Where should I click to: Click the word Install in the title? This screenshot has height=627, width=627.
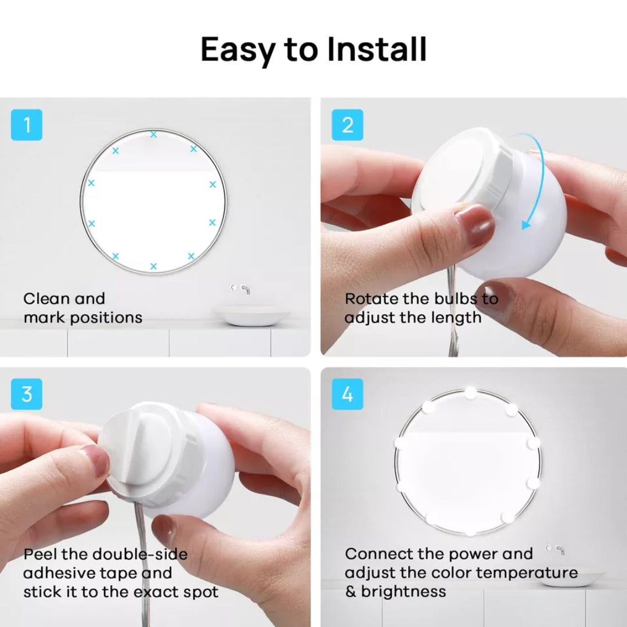coord(376,49)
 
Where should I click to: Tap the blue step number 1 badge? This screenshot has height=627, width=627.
coord(27,125)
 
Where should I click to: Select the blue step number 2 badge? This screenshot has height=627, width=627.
coord(347,125)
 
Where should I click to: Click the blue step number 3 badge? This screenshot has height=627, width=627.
coord(27,394)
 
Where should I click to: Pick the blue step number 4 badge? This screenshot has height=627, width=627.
coord(347,394)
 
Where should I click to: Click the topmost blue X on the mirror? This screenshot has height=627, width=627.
coord(153,134)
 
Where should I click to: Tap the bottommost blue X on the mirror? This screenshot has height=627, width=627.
coord(153,266)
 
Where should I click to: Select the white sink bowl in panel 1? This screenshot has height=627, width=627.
coord(251,315)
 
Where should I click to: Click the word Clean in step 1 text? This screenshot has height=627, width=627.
coord(47,299)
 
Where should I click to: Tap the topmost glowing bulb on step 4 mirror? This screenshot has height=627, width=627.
coord(470,394)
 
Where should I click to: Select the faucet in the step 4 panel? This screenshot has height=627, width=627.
coord(556,549)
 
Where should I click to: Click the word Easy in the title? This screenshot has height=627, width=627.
coord(238,49)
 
